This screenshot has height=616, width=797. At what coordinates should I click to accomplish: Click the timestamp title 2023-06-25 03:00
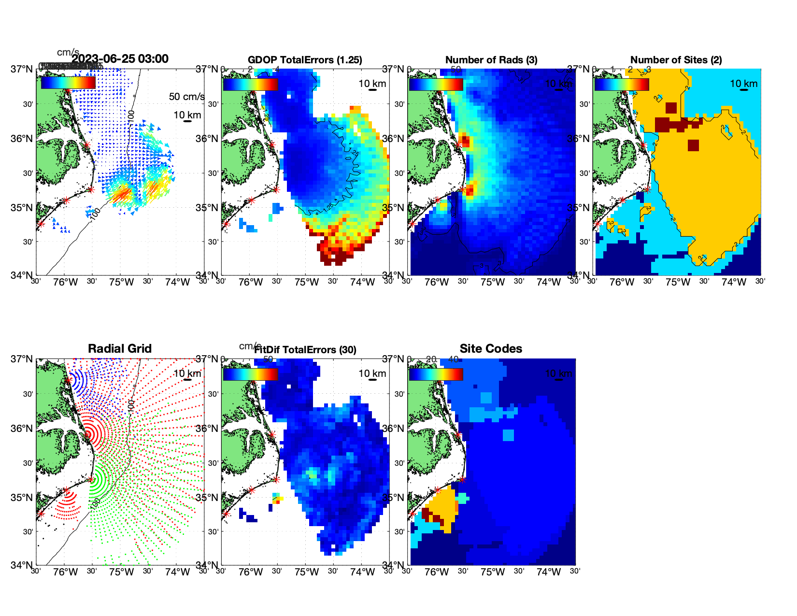(x=120, y=59)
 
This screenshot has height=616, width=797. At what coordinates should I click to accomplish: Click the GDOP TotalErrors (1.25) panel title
(x=305, y=60)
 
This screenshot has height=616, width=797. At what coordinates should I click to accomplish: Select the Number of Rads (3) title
(x=491, y=60)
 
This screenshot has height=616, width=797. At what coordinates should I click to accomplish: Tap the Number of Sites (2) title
(x=676, y=60)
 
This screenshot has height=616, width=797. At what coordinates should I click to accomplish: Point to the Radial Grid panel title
(x=120, y=349)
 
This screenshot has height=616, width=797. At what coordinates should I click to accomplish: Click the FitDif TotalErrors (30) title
(x=305, y=350)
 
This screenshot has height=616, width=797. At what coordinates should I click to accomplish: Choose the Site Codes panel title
(x=491, y=349)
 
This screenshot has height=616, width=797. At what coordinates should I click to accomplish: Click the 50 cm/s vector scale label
(x=187, y=97)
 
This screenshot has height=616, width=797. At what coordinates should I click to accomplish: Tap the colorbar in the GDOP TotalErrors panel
(x=250, y=84)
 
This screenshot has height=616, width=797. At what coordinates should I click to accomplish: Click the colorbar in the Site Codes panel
(x=436, y=374)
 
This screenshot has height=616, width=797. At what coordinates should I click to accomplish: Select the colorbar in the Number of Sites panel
(x=622, y=84)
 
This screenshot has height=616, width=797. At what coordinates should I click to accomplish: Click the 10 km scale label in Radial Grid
(x=187, y=373)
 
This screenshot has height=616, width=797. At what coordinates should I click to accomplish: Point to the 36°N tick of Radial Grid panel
(x=22, y=429)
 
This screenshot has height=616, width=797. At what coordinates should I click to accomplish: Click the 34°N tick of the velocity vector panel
(x=22, y=275)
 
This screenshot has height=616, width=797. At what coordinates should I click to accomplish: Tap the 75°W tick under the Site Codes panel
(x=493, y=573)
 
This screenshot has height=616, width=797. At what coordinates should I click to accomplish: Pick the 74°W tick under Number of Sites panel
(x=734, y=283)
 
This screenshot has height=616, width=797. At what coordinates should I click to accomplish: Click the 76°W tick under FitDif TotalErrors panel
(x=251, y=573)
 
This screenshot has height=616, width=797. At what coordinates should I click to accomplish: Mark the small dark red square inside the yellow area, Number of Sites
(x=693, y=145)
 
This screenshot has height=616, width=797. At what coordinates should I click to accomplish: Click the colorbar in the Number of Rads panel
(x=436, y=84)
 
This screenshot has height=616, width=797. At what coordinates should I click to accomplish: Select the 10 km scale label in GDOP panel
(x=372, y=84)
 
